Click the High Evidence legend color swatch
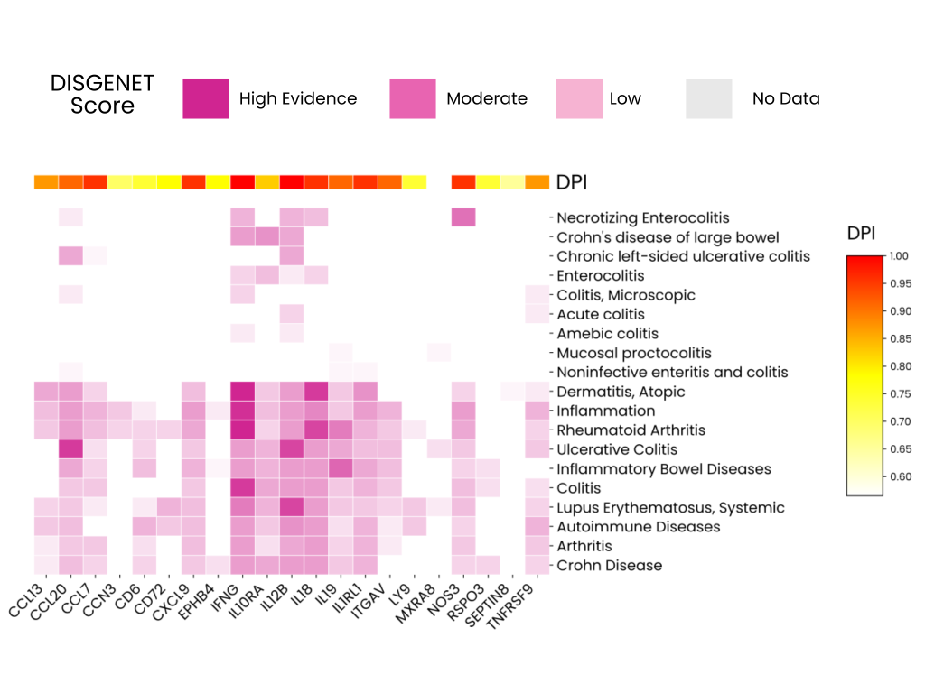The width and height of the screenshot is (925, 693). tap(206, 98)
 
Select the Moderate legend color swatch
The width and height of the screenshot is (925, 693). tap(413, 98)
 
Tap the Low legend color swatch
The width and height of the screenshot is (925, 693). tap(579, 98)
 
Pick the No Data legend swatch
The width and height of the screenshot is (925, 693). tap(708, 98)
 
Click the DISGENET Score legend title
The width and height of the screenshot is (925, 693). tap(102, 95)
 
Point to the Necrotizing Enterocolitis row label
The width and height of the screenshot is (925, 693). tap(642, 217)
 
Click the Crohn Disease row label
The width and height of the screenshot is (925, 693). tap(609, 566)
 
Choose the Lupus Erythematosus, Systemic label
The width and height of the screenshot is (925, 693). tap(670, 508)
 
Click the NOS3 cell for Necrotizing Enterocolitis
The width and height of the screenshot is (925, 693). tap(462, 217)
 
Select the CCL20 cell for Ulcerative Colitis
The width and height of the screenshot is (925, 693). tap(70, 449)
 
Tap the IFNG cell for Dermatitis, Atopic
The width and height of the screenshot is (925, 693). tap(242, 392)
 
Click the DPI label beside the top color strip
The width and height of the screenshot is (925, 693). tap(571, 182)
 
